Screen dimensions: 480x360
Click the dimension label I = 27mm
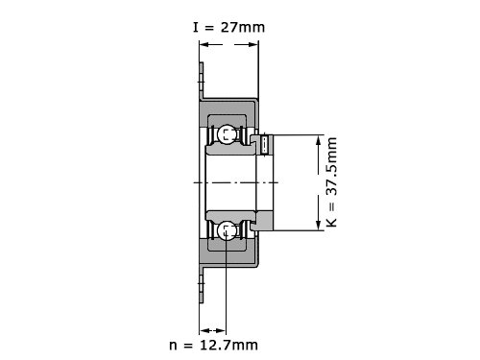click(x=228, y=28)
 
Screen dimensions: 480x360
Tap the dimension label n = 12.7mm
click(x=213, y=345)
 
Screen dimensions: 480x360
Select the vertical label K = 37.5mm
click(x=331, y=182)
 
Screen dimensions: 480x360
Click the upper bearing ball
click(x=227, y=133)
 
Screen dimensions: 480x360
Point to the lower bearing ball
click(x=227, y=230)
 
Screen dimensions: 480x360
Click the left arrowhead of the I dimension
click(x=204, y=44)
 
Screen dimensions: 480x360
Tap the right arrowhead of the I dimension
click(x=253, y=44)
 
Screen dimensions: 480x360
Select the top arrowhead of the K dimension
click(x=318, y=140)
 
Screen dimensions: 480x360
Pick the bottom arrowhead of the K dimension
click(x=318, y=226)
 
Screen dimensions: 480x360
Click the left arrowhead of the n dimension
click(x=204, y=330)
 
